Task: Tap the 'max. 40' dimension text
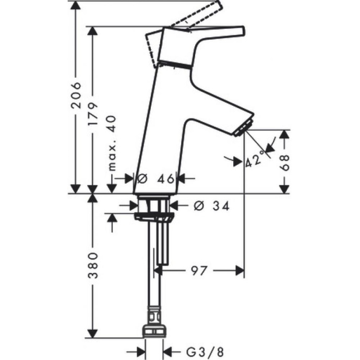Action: coord(111,143)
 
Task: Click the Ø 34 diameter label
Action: coord(211,206)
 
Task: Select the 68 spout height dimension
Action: coord(284,161)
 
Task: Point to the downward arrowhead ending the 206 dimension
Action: coord(76,189)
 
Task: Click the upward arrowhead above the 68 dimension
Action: coord(284,135)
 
